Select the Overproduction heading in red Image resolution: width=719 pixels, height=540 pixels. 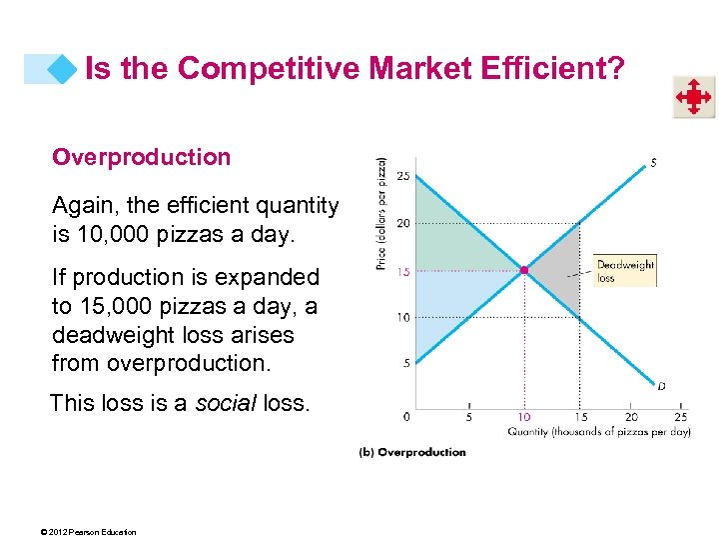tap(141, 157)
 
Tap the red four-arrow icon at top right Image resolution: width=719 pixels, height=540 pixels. tap(692, 97)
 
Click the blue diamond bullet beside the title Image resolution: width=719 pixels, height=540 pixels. tap(62, 69)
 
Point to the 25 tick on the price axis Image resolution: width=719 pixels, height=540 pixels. tap(403, 176)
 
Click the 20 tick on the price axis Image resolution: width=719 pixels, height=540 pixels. tap(403, 223)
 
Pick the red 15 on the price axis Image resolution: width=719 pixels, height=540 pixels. tap(403, 271)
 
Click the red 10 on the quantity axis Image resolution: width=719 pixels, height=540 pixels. tap(523, 417)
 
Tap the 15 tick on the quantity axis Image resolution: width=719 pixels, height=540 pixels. tap(579, 417)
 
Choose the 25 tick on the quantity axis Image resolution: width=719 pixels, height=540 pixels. tap(680, 417)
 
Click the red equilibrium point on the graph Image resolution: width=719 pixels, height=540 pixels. tap(524, 270)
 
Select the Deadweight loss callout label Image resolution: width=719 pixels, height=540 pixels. tap(625, 271)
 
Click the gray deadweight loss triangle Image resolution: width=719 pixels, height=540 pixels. tap(559, 268)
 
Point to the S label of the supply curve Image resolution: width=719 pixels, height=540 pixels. tap(653, 162)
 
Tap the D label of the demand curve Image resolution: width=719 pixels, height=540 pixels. tap(661, 386)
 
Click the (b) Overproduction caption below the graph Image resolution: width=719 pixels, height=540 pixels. tap(412, 452)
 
